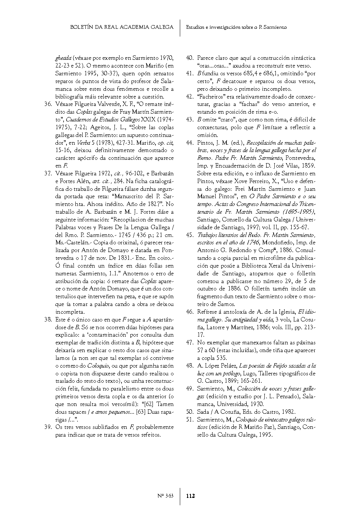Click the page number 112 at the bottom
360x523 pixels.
point(191,496)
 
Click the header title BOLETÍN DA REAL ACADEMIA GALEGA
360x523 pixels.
point(121,27)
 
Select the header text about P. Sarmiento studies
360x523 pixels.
point(236,27)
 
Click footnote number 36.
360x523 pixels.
point(47,104)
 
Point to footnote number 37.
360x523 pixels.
point(47,173)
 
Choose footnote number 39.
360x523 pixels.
point(47,427)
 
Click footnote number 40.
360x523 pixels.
point(190,58)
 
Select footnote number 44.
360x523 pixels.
point(190,143)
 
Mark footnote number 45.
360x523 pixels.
point(190,235)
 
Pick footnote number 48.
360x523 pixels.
point(190,366)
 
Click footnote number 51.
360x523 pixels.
point(190,419)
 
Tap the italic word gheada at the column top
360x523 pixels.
point(63,58)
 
